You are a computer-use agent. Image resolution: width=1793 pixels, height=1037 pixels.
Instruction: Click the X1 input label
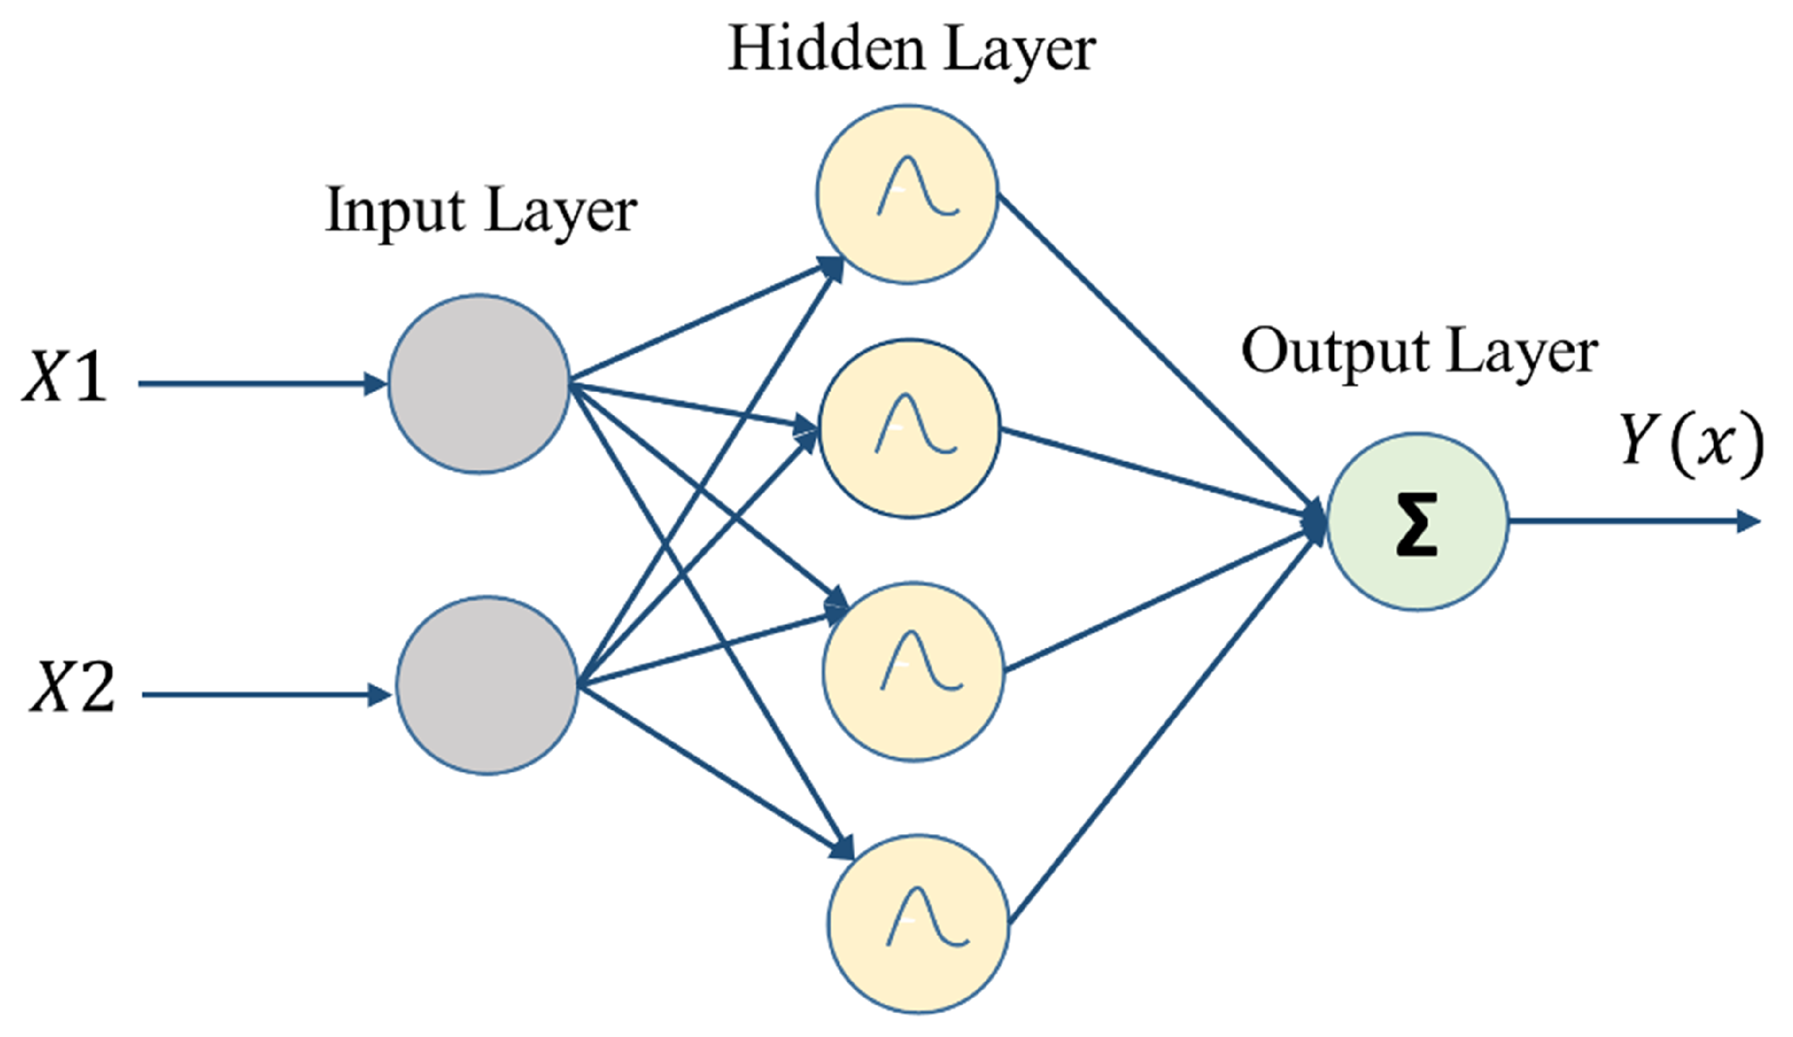66,378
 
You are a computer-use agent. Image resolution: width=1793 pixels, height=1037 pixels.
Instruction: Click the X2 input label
72,687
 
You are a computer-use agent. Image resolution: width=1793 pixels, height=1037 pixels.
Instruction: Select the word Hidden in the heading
826,50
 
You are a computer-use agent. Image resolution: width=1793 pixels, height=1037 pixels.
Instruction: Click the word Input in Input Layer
395,211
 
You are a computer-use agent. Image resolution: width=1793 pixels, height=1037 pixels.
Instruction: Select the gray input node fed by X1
479,384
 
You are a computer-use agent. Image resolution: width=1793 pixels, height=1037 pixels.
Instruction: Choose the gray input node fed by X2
487,686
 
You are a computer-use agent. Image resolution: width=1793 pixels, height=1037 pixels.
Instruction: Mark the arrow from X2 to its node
263,694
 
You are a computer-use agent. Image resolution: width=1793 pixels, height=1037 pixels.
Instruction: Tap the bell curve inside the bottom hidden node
926,917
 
